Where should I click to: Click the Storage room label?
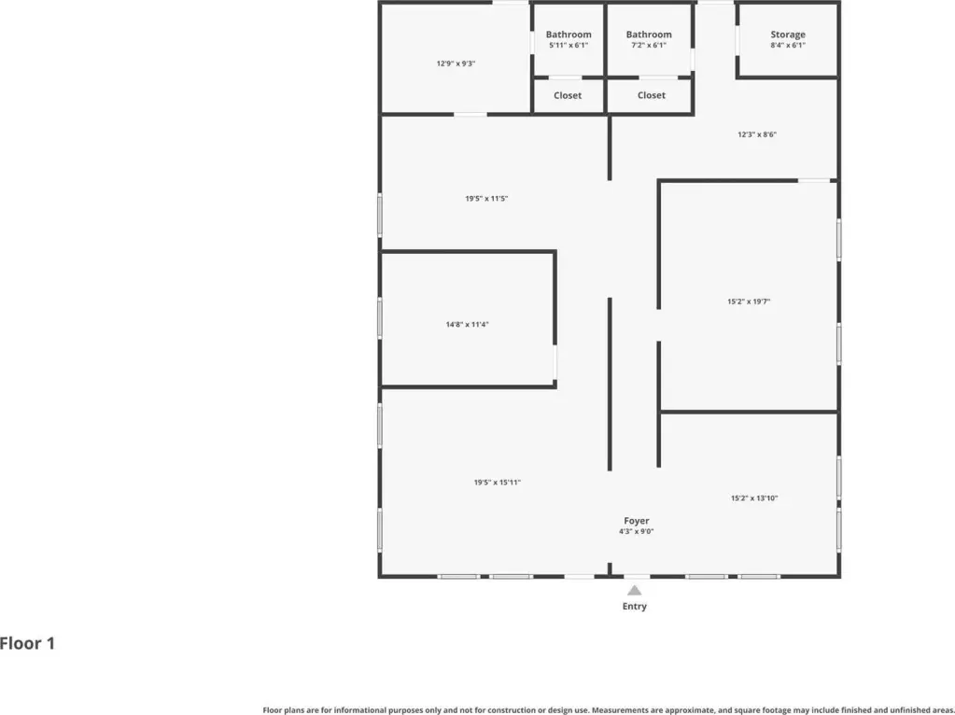pos(788,35)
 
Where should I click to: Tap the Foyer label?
pos(637,521)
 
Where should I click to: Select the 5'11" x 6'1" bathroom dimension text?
pos(569,45)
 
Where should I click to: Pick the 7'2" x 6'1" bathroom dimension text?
pos(649,45)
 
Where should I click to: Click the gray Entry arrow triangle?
pos(635,590)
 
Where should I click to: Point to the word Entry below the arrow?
pos(635,606)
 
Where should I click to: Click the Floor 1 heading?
pos(27,643)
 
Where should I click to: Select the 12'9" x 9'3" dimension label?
pos(456,63)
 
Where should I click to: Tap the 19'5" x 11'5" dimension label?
pos(486,199)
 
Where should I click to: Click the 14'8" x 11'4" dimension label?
pos(467,325)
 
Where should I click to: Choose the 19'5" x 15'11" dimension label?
pos(498,483)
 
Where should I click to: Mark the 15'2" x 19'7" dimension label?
pos(749,301)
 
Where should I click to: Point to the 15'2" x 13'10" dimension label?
pos(754,498)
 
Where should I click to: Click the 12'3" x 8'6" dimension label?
pos(757,134)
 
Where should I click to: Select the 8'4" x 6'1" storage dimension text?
pos(788,45)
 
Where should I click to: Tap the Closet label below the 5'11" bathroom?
pos(568,95)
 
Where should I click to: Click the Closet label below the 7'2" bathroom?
pos(651,95)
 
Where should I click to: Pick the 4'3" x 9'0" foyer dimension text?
pos(637,532)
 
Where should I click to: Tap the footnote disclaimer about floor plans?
pos(608,710)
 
